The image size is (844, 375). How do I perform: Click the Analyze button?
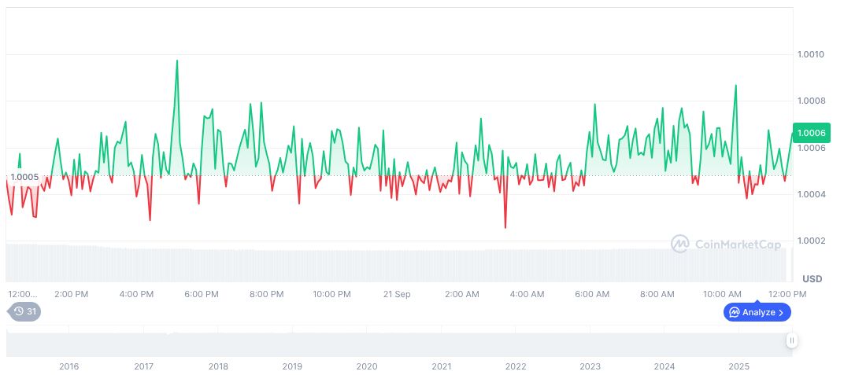coord(757,312)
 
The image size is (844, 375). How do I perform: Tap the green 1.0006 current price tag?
coord(811,133)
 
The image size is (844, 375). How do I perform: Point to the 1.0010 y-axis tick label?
coord(810,54)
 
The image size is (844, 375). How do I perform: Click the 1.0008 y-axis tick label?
coord(810,101)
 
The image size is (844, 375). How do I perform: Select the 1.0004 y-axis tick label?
coord(810,194)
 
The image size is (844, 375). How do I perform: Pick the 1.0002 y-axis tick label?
coord(810,241)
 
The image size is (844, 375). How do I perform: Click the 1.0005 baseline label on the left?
coord(24,176)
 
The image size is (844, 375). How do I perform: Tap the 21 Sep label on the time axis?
coord(397,294)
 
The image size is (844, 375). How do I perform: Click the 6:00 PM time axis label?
coord(202,294)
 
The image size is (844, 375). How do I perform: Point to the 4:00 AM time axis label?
coord(527,294)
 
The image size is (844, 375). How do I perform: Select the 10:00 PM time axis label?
coord(331,294)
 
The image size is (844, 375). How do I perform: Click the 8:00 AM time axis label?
coord(657,294)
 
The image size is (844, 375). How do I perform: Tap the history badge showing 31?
coord(25,311)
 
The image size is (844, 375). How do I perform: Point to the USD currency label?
coord(812,279)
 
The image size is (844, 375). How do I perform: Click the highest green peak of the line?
coord(176,61)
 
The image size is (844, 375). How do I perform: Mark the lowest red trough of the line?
coord(505,228)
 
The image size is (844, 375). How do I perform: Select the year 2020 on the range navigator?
coord(366,366)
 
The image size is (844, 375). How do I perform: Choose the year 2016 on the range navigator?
coord(68,366)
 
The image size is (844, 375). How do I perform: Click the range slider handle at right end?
coord(791,340)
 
